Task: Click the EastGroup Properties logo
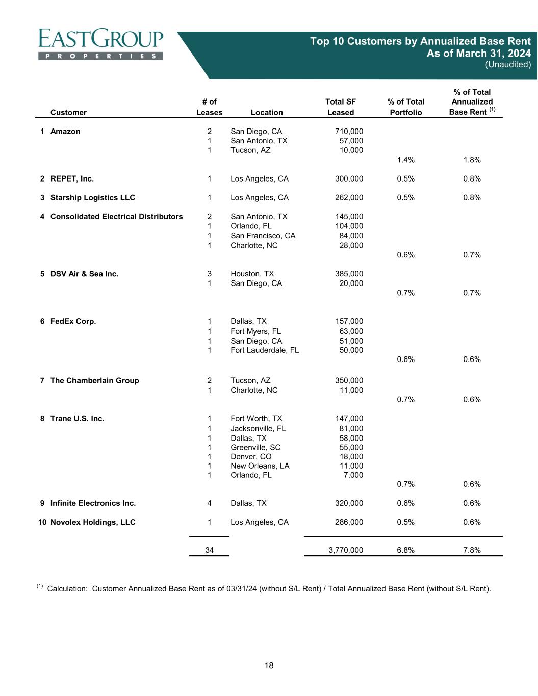[101, 44]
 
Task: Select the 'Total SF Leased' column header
[340, 107]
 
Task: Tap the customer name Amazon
[65, 132]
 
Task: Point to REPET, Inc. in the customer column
[72, 179]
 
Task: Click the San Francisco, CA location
[263, 236]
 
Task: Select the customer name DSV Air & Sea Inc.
[84, 274]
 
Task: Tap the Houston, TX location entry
[252, 274]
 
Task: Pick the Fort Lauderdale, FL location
[265, 350]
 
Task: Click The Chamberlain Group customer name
[94, 381]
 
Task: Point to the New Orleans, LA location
[260, 466]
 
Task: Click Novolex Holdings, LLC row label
[93, 522]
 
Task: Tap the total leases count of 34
[209, 550]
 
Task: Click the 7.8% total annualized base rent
[472, 550]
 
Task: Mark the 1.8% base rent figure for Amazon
[472, 160]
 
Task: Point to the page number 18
[269, 665]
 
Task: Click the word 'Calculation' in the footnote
[67, 589]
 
